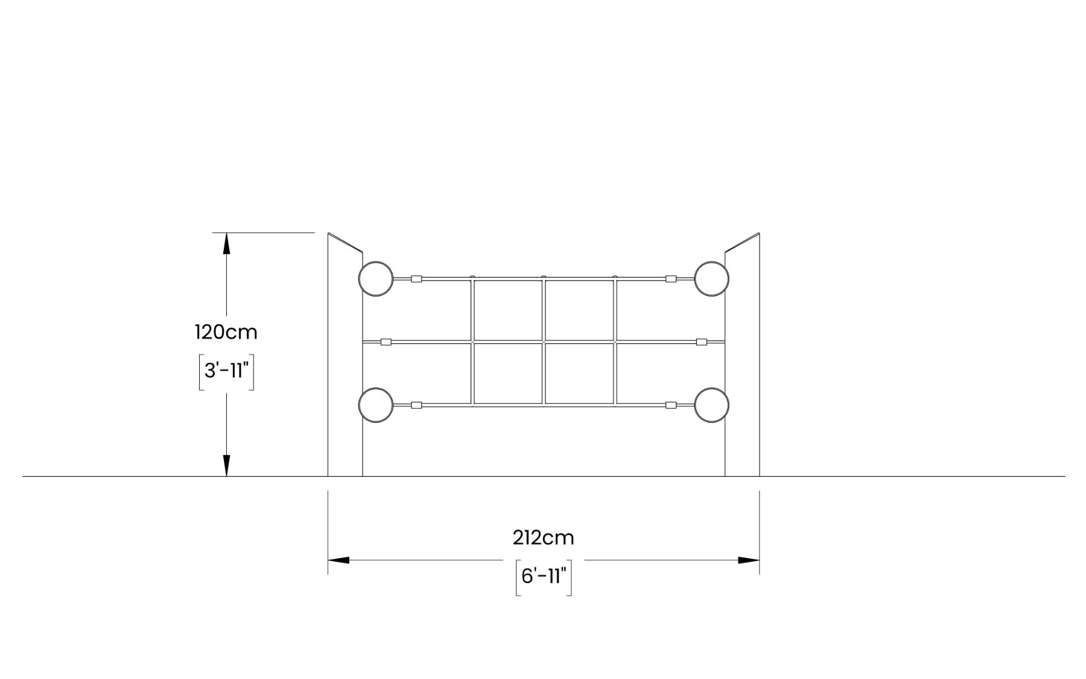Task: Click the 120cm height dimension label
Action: (226, 332)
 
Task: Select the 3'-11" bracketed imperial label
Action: (226, 371)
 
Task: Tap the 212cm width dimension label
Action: (543, 537)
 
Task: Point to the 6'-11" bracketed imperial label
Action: (543, 577)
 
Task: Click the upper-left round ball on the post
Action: (376, 279)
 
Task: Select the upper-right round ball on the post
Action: (712, 279)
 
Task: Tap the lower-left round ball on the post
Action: (376, 404)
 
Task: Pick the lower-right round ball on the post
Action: (712, 404)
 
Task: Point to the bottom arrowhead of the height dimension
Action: (226, 465)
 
